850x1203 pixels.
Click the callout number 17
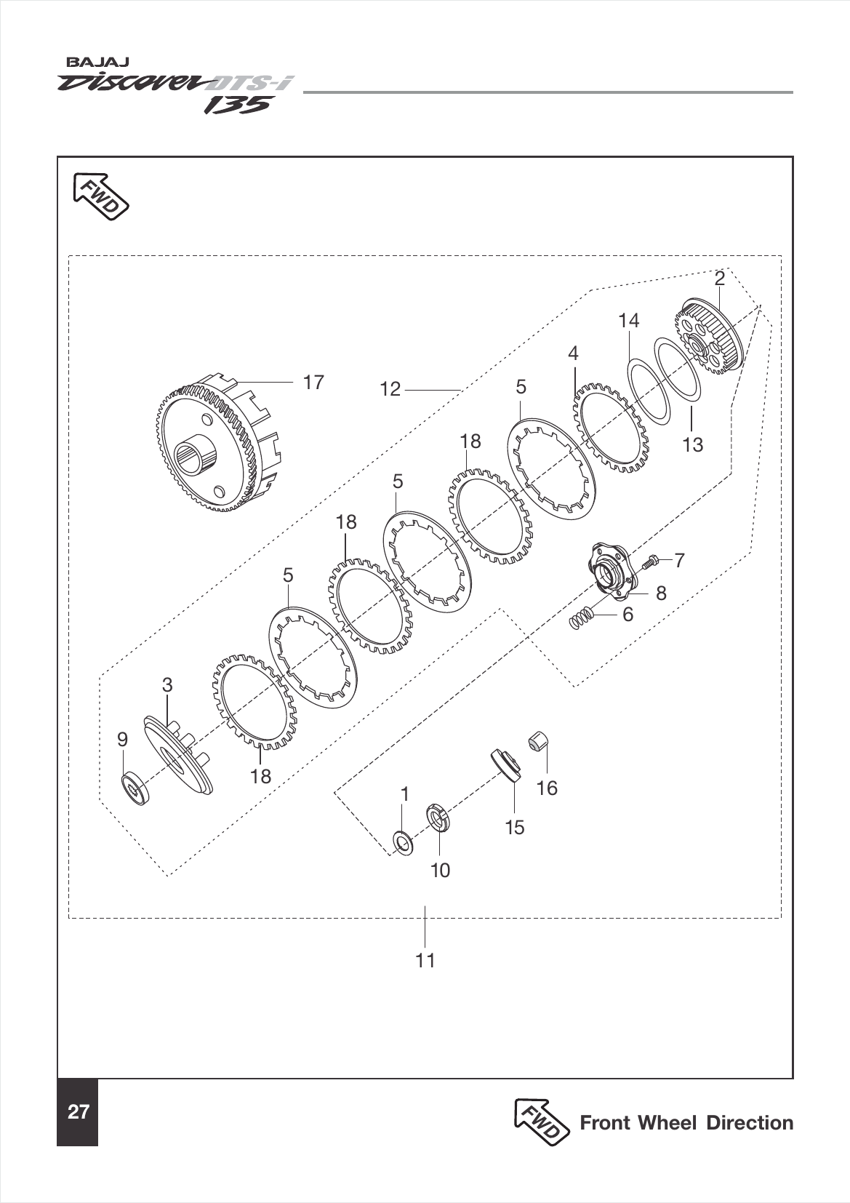(313, 382)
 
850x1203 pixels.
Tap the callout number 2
(719, 279)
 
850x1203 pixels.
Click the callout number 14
(628, 320)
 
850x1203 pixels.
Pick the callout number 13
(693, 444)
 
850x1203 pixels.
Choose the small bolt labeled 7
(652, 561)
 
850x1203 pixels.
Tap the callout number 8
(660, 593)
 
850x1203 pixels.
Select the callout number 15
(514, 828)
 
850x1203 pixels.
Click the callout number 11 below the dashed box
(425, 960)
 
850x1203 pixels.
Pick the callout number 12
(390, 389)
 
